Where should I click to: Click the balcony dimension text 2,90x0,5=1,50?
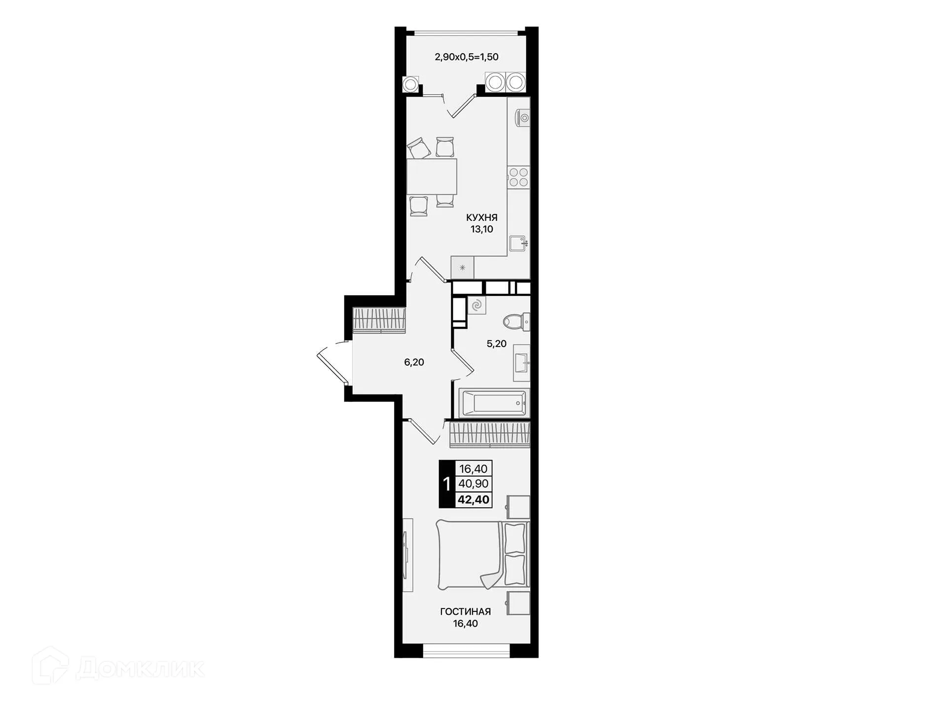[x=466, y=57]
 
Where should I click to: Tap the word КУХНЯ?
[x=481, y=217]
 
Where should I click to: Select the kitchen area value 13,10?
[x=481, y=229]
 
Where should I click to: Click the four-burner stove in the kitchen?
[x=518, y=177]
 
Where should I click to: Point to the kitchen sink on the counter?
[x=518, y=243]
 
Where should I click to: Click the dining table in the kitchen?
[x=432, y=177]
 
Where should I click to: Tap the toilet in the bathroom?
[x=515, y=322]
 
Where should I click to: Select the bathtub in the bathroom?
[x=493, y=403]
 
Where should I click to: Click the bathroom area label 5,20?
[x=496, y=344]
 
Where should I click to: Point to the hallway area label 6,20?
[x=414, y=362]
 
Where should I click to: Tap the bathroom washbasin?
[x=521, y=363]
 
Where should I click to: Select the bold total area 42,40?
[x=473, y=500]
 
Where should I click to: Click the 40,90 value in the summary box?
[x=473, y=484]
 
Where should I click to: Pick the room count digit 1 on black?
[x=447, y=484]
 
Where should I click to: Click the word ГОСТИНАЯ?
[x=465, y=612]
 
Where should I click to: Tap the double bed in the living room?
[x=481, y=554]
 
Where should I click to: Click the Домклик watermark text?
[x=140, y=669]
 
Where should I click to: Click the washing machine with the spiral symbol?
[x=476, y=306]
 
